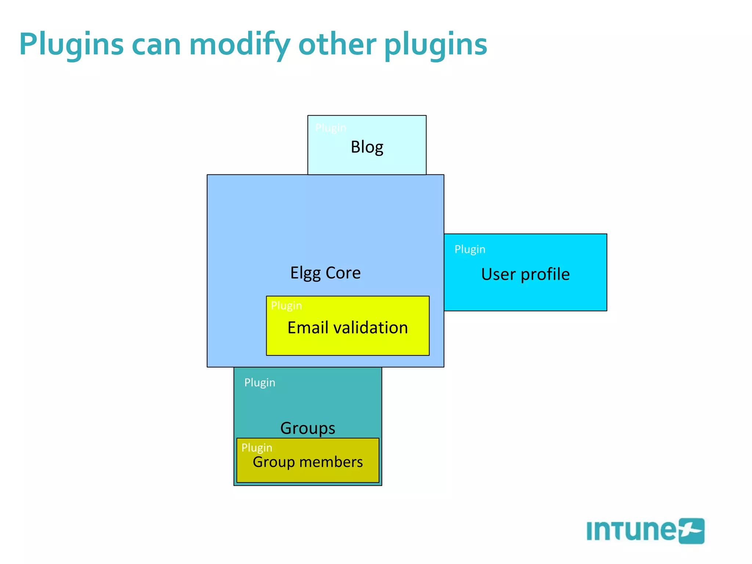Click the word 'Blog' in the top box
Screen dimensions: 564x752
click(x=367, y=147)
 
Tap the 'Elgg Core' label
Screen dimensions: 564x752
click(x=325, y=273)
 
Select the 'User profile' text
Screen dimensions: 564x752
click(x=525, y=274)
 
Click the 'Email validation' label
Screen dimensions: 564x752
click(x=347, y=328)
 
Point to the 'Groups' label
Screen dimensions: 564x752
click(x=308, y=428)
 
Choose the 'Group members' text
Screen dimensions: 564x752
click(x=308, y=462)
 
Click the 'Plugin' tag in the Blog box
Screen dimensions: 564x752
click(x=330, y=128)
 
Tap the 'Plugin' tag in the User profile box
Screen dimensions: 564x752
click(x=470, y=249)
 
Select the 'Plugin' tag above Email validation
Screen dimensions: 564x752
click(x=286, y=305)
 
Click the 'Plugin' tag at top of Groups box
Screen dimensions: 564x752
click(x=260, y=383)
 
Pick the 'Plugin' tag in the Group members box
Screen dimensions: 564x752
click(x=257, y=448)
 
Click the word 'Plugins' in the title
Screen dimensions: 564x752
click(x=71, y=45)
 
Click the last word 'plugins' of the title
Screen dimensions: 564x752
click(x=435, y=45)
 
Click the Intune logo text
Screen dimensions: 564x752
click(x=631, y=531)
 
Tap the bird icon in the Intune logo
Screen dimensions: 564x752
click(x=691, y=531)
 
